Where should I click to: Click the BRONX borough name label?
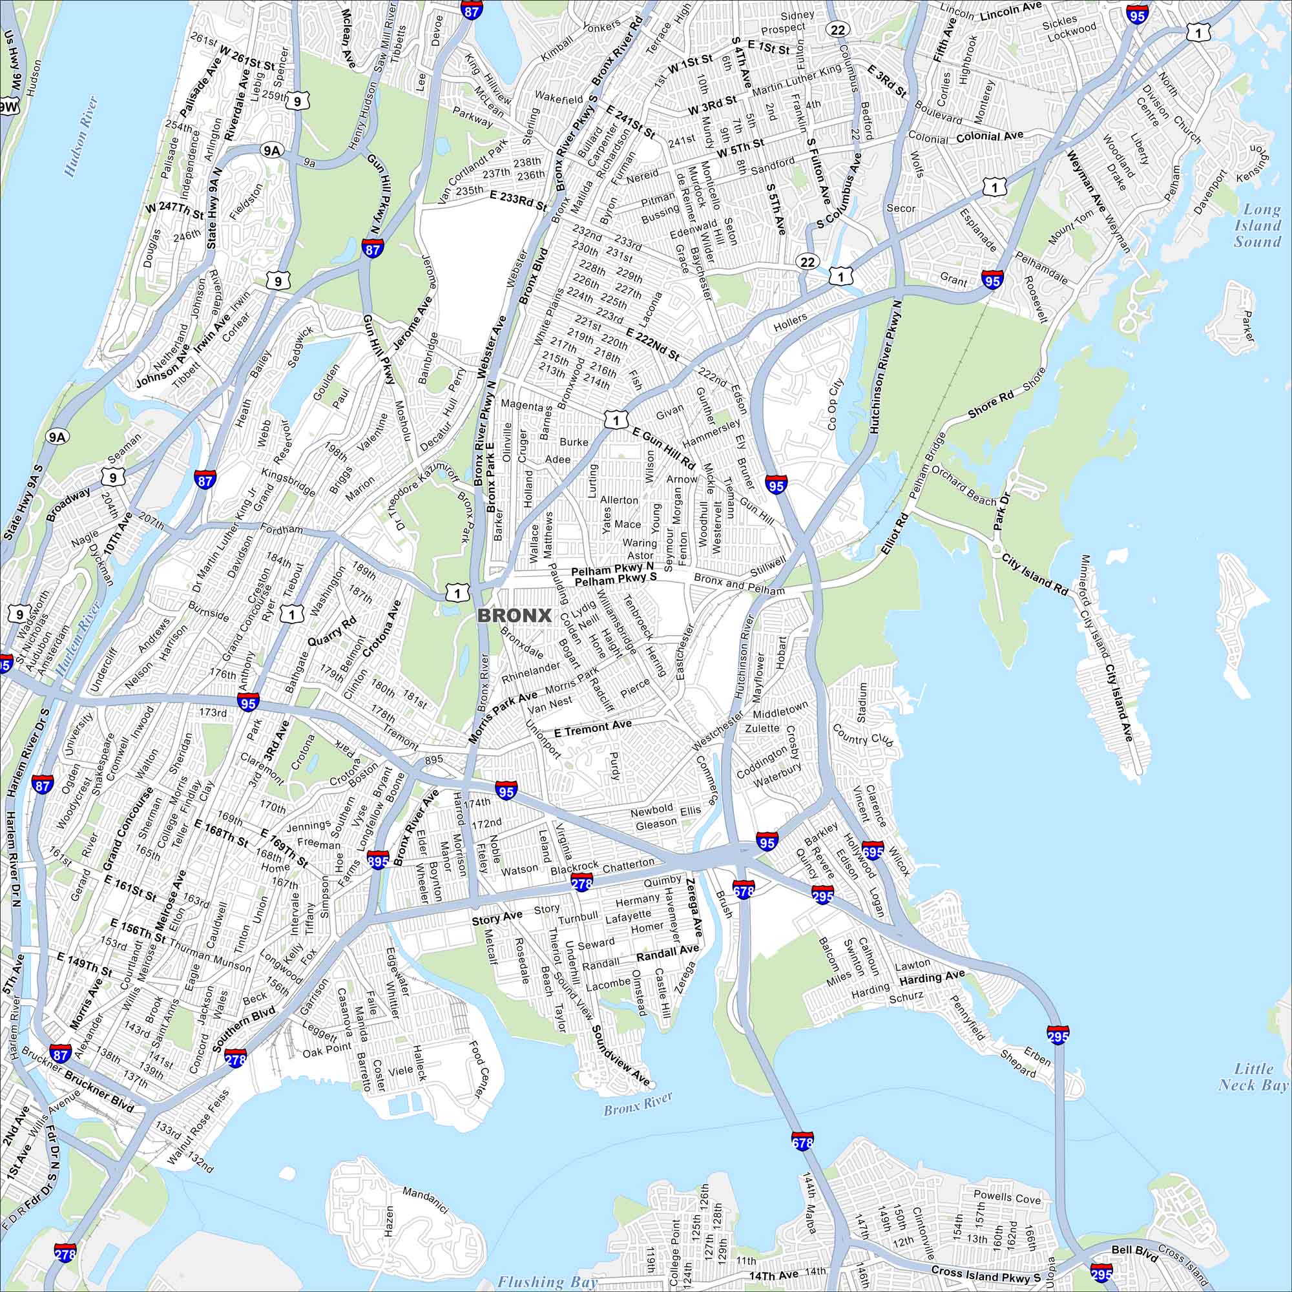(x=514, y=615)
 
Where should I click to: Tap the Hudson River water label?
(x=81, y=136)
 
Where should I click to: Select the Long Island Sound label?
(x=1257, y=225)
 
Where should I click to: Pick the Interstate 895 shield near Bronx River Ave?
(x=378, y=860)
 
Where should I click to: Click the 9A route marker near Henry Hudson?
(x=271, y=151)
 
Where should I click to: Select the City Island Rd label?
(x=1034, y=574)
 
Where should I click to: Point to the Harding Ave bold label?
(x=932, y=978)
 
